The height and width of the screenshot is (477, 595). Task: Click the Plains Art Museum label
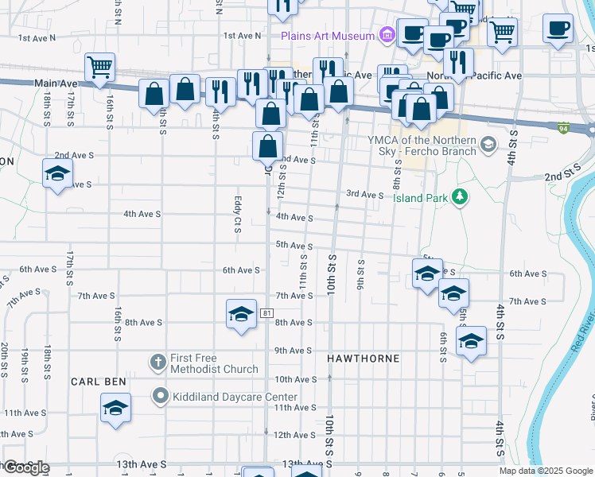(327, 36)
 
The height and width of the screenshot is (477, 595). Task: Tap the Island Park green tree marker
(459, 196)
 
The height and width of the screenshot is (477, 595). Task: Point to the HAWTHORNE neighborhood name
(364, 359)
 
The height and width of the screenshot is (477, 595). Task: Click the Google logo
(25, 467)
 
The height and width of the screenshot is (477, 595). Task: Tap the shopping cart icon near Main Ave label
(99, 68)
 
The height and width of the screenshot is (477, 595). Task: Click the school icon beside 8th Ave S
(240, 314)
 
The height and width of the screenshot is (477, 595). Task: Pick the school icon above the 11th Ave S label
(116, 408)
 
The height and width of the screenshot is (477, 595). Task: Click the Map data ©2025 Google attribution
(545, 471)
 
